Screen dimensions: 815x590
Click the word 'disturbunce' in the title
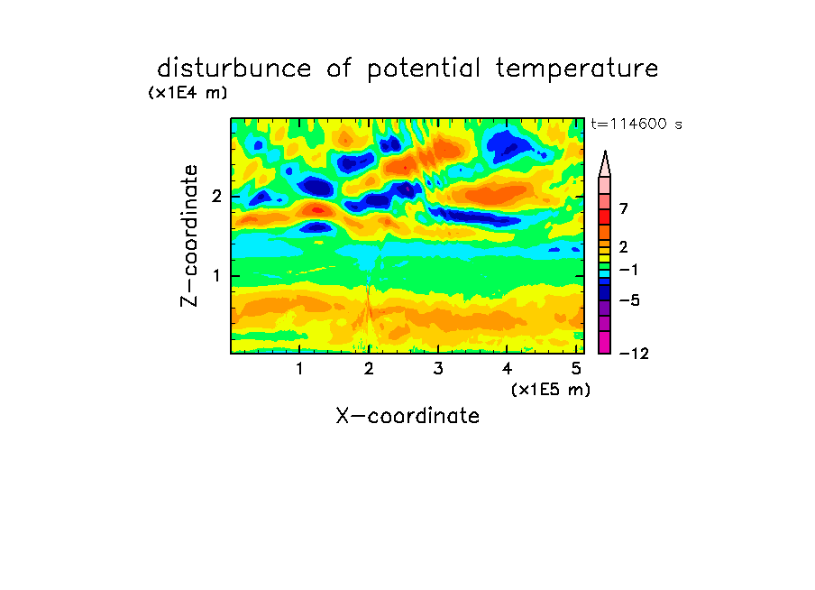click(x=234, y=69)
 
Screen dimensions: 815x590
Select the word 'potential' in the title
click(x=424, y=69)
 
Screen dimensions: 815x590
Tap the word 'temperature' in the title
click(x=577, y=69)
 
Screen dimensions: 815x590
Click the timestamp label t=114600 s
click(x=636, y=124)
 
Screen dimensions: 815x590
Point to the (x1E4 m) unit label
click(x=188, y=93)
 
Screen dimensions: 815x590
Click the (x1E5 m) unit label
click(x=551, y=389)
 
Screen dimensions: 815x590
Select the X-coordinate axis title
click(x=407, y=416)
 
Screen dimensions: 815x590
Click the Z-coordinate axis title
click(x=189, y=235)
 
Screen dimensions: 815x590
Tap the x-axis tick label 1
click(x=300, y=369)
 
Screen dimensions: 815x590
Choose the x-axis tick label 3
click(x=438, y=369)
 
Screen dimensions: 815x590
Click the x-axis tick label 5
click(x=576, y=369)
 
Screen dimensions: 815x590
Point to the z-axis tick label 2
click(x=216, y=197)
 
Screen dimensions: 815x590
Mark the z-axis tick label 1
click(x=216, y=276)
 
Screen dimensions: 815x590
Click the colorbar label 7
click(x=624, y=209)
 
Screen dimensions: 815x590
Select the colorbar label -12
click(x=634, y=354)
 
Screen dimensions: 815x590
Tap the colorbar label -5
click(x=629, y=300)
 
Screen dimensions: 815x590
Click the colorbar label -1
click(x=629, y=270)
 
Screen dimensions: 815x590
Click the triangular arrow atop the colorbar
click(x=605, y=163)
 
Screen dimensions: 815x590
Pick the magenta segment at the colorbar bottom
click(x=605, y=342)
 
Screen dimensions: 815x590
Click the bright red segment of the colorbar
click(x=605, y=217)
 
